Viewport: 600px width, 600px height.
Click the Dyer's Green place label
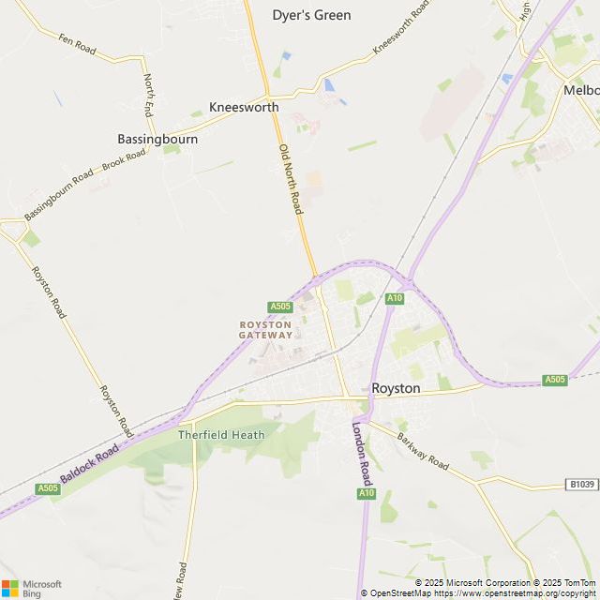[x=311, y=15]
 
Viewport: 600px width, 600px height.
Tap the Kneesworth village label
[x=244, y=107]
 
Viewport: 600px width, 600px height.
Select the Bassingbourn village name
[x=157, y=139]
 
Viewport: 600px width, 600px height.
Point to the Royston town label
[x=396, y=387]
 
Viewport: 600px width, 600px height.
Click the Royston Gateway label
[x=265, y=329]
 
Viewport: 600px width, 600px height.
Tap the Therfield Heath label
[x=221, y=435]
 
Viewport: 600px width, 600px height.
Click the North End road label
[x=148, y=94]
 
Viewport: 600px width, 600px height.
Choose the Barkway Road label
[x=423, y=452]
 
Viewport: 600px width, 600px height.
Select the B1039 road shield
[x=581, y=485]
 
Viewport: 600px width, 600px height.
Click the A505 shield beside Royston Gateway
[x=280, y=307]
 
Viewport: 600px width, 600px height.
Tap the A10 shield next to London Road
[x=366, y=493]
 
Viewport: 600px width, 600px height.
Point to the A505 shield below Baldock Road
[x=48, y=488]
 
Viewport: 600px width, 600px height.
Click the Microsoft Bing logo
[x=32, y=588]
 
